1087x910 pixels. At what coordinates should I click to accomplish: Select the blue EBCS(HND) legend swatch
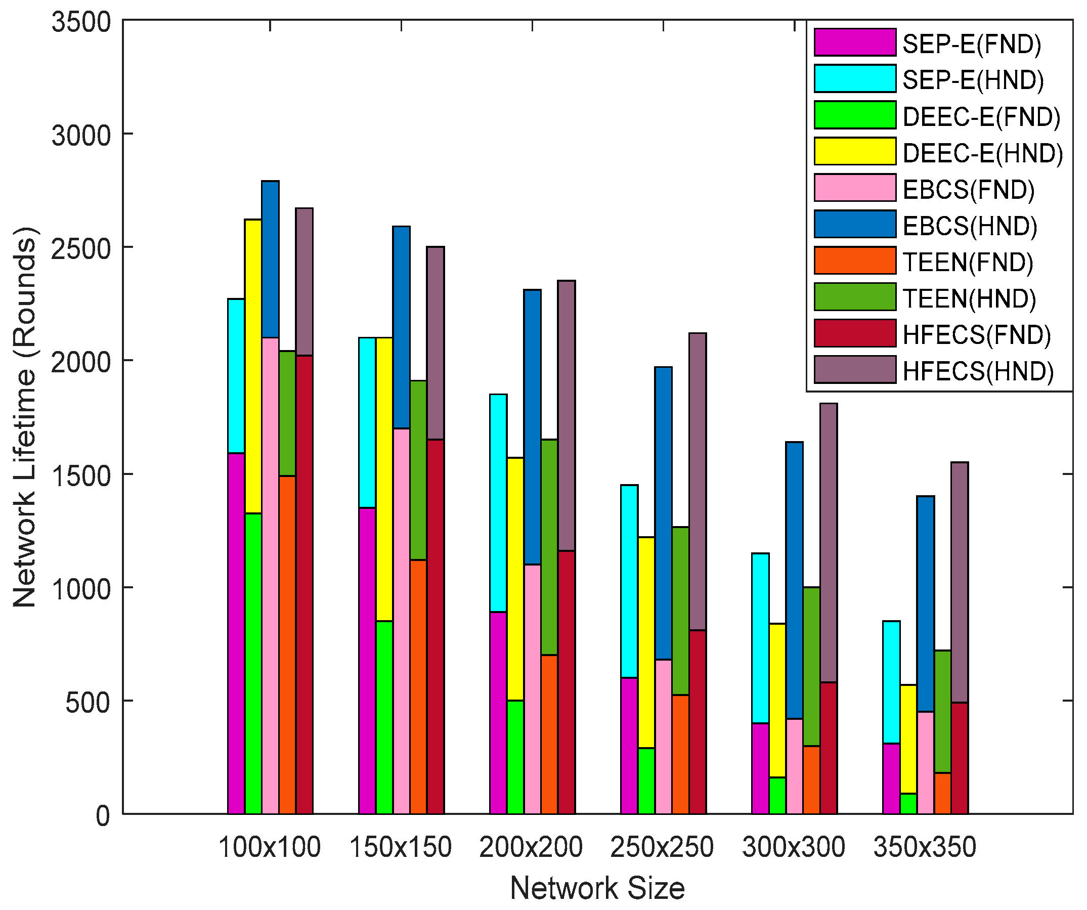coord(855,225)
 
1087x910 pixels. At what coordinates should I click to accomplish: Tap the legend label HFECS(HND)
coord(978,372)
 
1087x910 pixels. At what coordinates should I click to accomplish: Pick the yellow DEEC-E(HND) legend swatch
coord(855,152)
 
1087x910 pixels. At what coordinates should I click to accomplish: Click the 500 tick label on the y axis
coord(88,703)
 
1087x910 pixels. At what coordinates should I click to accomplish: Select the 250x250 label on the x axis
coord(662,848)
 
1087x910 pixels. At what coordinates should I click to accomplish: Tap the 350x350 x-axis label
coord(925,848)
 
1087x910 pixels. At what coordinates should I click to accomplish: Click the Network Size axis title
coord(597,888)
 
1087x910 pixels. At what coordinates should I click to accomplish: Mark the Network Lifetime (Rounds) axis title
coord(25,417)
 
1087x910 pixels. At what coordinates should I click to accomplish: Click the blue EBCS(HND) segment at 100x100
coord(270,259)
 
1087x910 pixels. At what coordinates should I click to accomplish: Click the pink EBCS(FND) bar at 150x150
coord(401,621)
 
